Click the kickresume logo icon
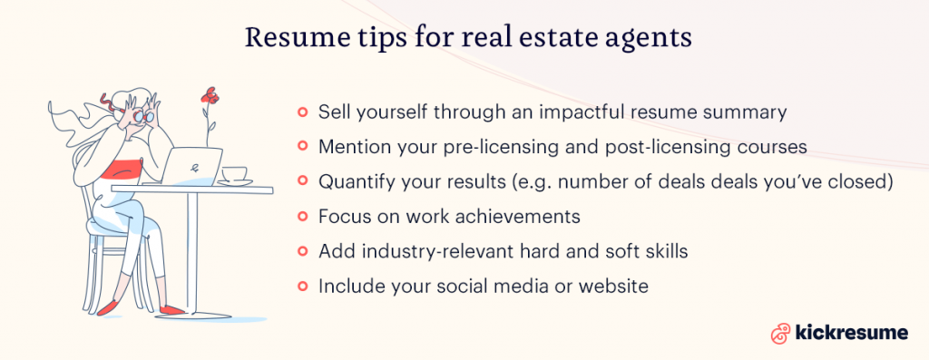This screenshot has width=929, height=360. point(777,333)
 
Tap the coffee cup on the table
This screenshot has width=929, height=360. point(234,174)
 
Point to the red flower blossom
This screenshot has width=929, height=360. point(210,94)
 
